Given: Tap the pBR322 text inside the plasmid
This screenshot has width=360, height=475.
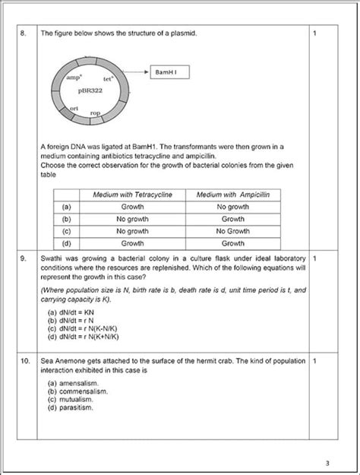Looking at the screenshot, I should point(90,90).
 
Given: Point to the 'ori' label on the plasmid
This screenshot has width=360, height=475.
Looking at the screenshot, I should point(74,109).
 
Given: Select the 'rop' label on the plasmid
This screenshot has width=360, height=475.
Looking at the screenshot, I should point(95,113).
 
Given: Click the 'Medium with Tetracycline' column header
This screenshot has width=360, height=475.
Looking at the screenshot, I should point(133,195).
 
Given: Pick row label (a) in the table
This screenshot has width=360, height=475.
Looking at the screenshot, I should point(67,206).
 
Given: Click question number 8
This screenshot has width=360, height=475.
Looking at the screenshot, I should point(24,33).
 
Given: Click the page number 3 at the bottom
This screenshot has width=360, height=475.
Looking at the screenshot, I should point(327,463).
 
